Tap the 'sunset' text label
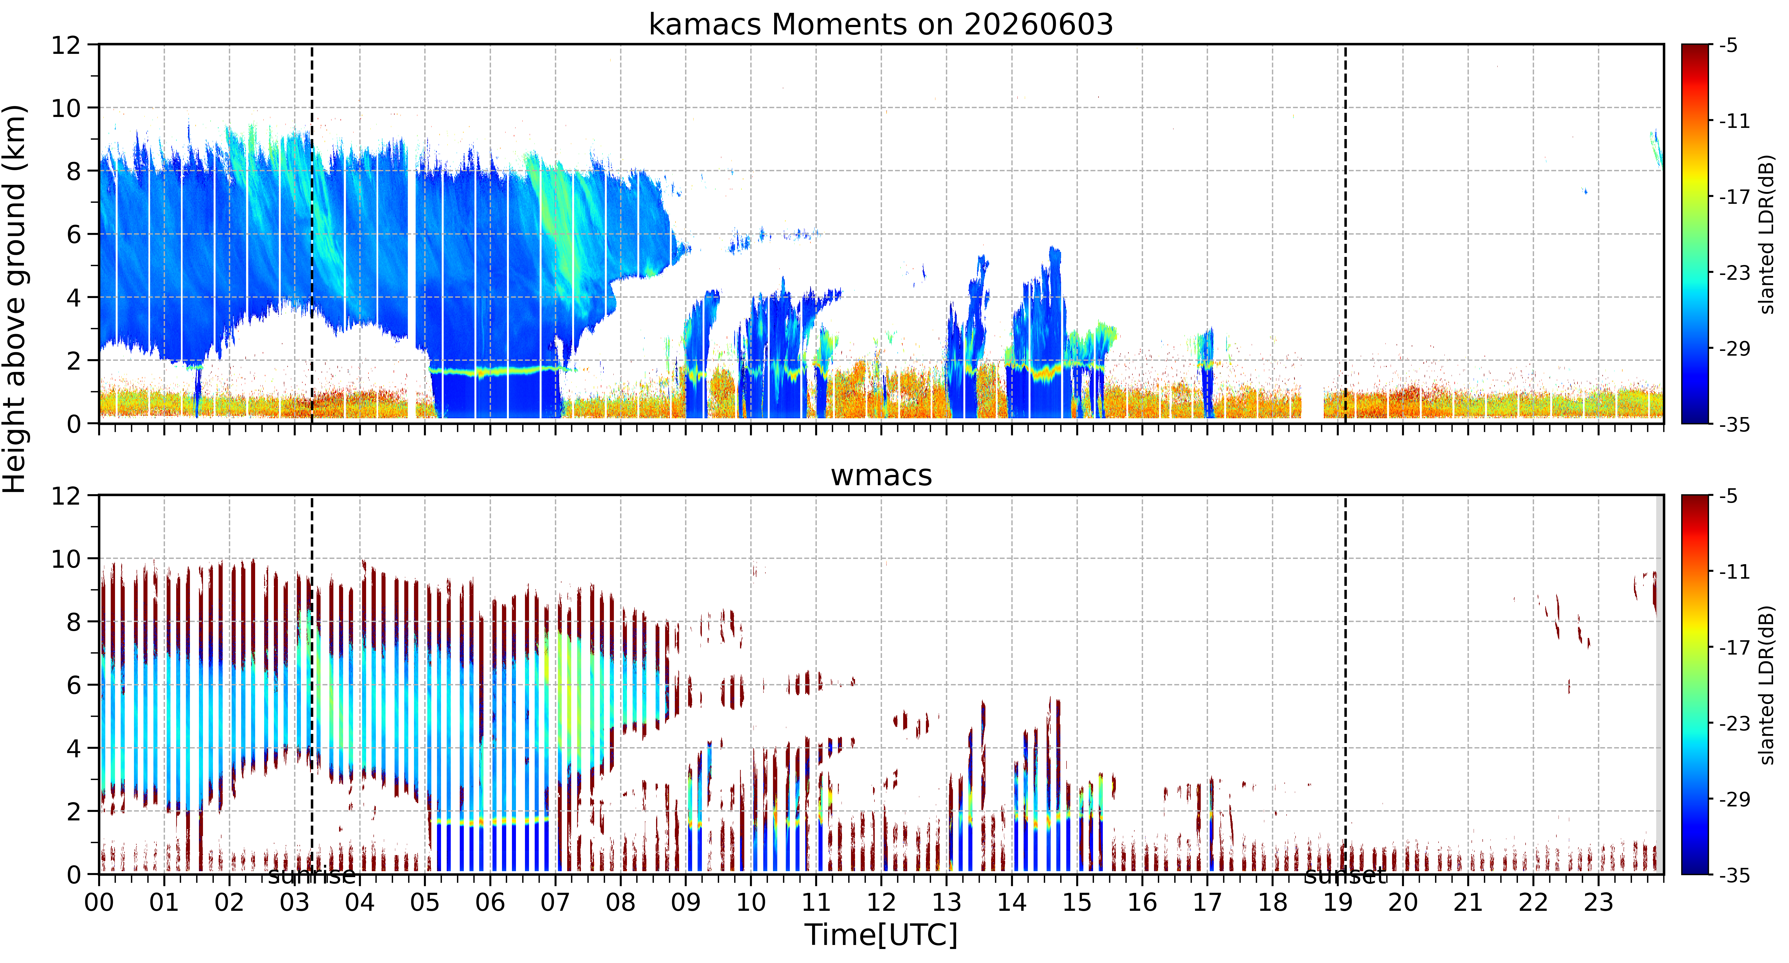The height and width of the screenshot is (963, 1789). [x=1345, y=876]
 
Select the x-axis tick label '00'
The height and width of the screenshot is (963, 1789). [x=99, y=903]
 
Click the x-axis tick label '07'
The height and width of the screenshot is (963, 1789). [x=555, y=903]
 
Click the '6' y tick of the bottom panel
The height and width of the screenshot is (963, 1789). [x=74, y=685]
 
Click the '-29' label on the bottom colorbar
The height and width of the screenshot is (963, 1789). [x=1734, y=799]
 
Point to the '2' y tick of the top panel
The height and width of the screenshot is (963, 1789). [x=74, y=361]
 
